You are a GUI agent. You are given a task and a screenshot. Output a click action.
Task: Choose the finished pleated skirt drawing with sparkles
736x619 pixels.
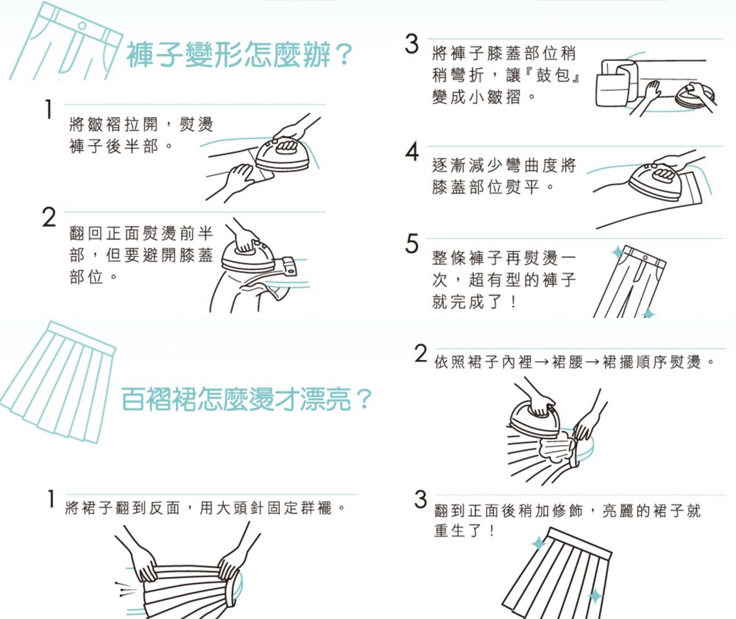click(x=563, y=574)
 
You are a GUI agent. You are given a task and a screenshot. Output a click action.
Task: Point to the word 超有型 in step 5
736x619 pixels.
click(x=489, y=281)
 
